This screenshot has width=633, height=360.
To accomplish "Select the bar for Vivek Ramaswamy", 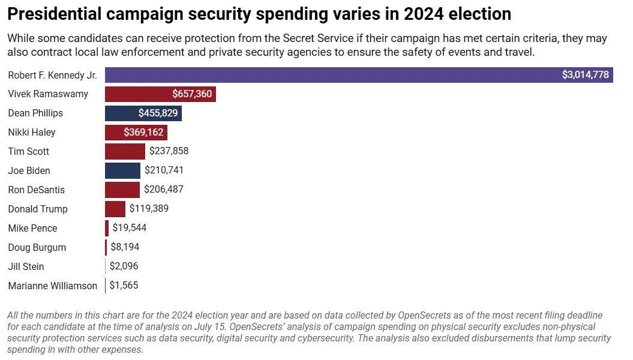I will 138,94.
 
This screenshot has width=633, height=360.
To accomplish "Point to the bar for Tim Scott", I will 125,152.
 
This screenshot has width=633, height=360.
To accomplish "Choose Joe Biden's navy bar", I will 122,171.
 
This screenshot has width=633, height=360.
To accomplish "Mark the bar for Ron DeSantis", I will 122,190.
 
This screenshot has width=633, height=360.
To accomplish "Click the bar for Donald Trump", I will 115,209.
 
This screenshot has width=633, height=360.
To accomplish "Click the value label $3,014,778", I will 585,75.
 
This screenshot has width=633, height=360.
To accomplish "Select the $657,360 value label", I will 191,94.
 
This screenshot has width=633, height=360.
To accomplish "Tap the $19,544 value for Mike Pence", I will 129,229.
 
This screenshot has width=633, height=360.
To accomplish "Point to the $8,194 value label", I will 125,247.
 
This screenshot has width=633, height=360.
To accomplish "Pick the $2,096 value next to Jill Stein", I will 124,266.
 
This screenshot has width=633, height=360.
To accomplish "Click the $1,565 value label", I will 124,286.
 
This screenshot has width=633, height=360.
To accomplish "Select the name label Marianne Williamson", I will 52,286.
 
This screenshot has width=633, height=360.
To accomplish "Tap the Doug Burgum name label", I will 37,247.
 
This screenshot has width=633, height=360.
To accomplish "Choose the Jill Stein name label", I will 26,266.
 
